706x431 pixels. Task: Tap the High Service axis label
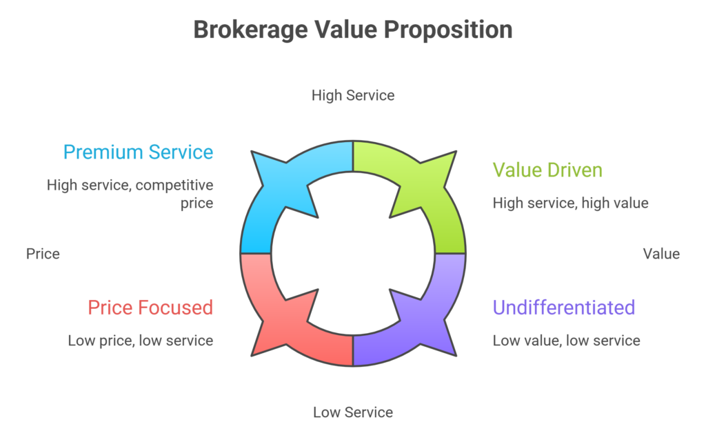pyautogui.click(x=353, y=95)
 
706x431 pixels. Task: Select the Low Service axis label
pyautogui.click(x=353, y=412)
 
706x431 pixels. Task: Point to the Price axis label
pyautogui.click(x=43, y=254)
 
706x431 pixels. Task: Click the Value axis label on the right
pyautogui.click(x=661, y=254)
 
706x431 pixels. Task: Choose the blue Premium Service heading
pyautogui.click(x=138, y=152)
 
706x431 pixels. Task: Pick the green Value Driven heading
pyautogui.click(x=547, y=169)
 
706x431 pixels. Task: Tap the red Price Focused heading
pyautogui.click(x=150, y=307)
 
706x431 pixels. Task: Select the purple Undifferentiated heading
pyautogui.click(x=563, y=307)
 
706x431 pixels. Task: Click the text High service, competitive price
pyautogui.click(x=130, y=194)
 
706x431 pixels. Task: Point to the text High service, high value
pyautogui.click(x=570, y=203)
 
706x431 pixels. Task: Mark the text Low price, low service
pyautogui.click(x=140, y=340)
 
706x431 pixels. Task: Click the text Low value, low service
pyautogui.click(x=566, y=340)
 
